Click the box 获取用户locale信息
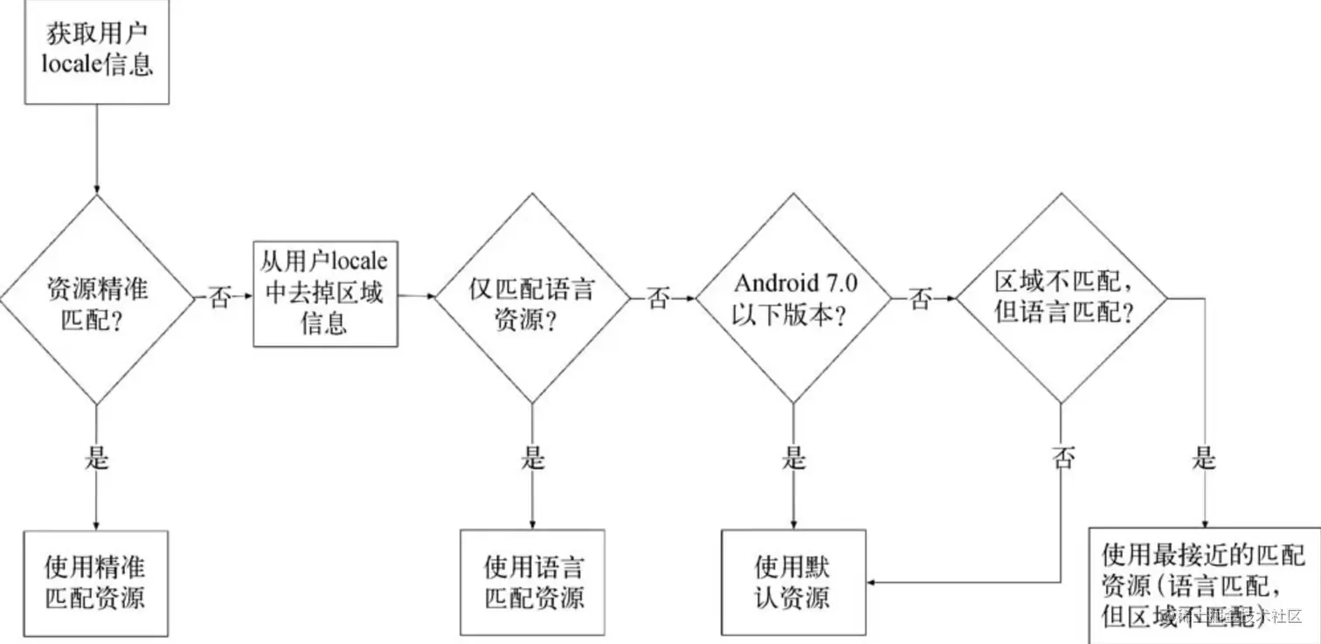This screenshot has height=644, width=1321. pyautogui.click(x=96, y=52)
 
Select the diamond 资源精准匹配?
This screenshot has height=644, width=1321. pyautogui.click(x=96, y=300)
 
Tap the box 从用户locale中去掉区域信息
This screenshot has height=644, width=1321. pyautogui.click(x=323, y=294)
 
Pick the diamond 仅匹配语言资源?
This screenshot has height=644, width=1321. pyautogui.click(x=532, y=300)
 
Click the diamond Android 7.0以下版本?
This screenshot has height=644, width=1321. pyautogui.click(x=793, y=300)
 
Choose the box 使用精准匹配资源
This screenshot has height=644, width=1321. pyautogui.click(x=96, y=583)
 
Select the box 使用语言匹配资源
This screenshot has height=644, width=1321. pyautogui.click(x=532, y=583)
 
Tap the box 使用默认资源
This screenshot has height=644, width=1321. pyautogui.click(x=793, y=583)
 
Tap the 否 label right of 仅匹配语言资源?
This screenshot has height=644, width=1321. pyautogui.click(x=659, y=299)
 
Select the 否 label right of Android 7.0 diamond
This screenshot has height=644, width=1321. pyautogui.click(x=920, y=299)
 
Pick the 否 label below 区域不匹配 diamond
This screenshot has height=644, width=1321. pyautogui.click(x=1062, y=457)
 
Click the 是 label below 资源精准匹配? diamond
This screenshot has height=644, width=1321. pyautogui.click(x=96, y=457)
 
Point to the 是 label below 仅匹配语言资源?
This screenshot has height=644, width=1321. pyautogui.click(x=532, y=457)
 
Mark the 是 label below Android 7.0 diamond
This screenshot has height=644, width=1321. pyautogui.click(x=793, y=457)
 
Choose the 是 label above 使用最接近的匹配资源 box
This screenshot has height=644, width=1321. pyautogui.click(x=1205, y=457)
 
